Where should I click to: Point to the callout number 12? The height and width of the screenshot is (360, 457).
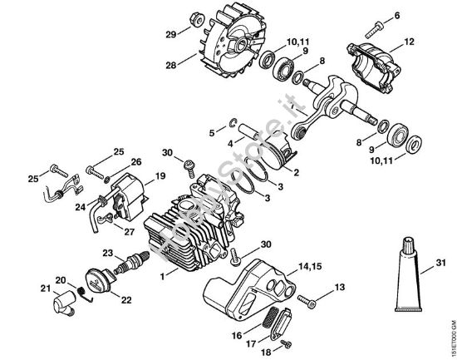(x=409, y=42)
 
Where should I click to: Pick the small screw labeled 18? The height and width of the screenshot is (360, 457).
(x=287, y=343)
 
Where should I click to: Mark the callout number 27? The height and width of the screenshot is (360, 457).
(x=128, y=232)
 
